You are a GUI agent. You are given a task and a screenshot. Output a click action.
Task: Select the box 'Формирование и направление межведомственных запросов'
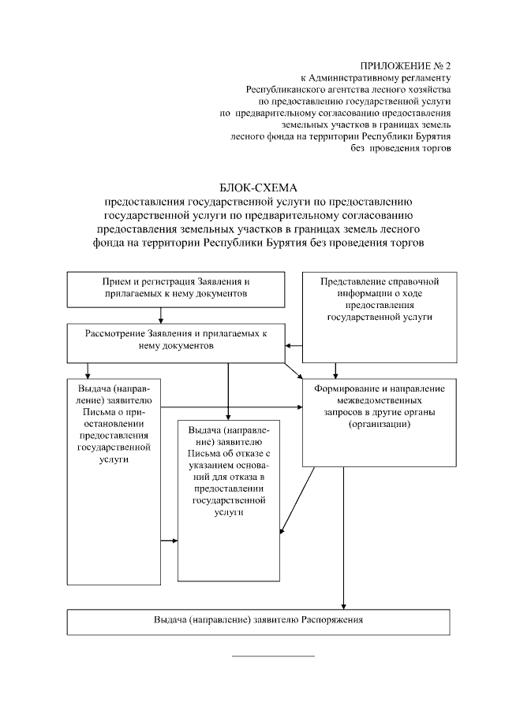point(378,418)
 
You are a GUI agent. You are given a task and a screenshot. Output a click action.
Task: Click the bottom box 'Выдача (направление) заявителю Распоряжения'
point(259,621)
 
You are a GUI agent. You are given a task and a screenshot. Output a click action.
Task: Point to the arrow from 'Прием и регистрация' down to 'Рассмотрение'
point(161,315)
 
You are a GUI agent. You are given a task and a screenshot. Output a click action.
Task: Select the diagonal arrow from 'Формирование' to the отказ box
point(297,504)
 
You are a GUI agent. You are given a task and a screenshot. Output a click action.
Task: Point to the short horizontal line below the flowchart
point(273,655)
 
